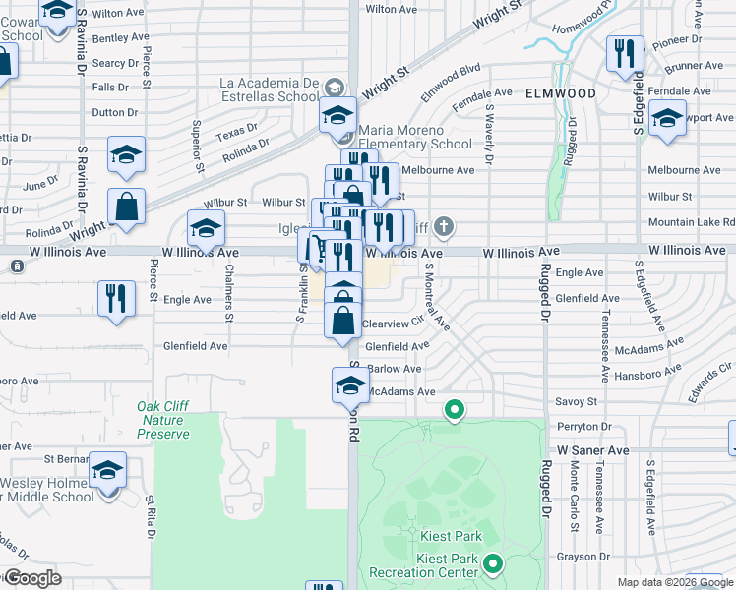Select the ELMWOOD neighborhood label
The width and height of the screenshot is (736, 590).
tap(561, 92)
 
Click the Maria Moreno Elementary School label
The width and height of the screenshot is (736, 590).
tap(415, 137)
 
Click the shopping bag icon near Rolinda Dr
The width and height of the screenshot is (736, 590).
tap(127, 207)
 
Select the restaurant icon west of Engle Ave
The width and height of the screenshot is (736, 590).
tap(116, 298)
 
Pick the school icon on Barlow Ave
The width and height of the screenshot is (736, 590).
tap(350, 383)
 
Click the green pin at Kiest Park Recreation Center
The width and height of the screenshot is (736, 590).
tap(493, 564)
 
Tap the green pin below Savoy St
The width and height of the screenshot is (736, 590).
tap(454, 408)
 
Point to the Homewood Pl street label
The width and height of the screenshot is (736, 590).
tap(597, 22)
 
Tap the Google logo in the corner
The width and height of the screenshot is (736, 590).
tap(33, 577)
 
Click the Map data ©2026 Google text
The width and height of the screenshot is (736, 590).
tap(676, 582)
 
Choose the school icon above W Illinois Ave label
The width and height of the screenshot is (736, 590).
tap(206, 229)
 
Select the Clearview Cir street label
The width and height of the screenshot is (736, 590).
tap(393, 323)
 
